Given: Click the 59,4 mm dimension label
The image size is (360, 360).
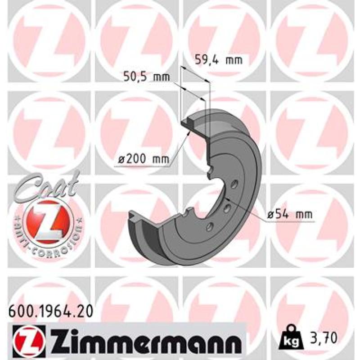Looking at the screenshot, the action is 219,60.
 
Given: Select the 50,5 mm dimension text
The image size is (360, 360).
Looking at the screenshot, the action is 147,77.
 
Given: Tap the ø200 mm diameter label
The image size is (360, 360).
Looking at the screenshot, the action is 144,159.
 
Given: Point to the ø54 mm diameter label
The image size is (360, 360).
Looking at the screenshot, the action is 290,215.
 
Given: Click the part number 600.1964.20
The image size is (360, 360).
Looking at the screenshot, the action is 50,311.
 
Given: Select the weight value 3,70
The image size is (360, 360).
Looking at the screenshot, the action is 324,338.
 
